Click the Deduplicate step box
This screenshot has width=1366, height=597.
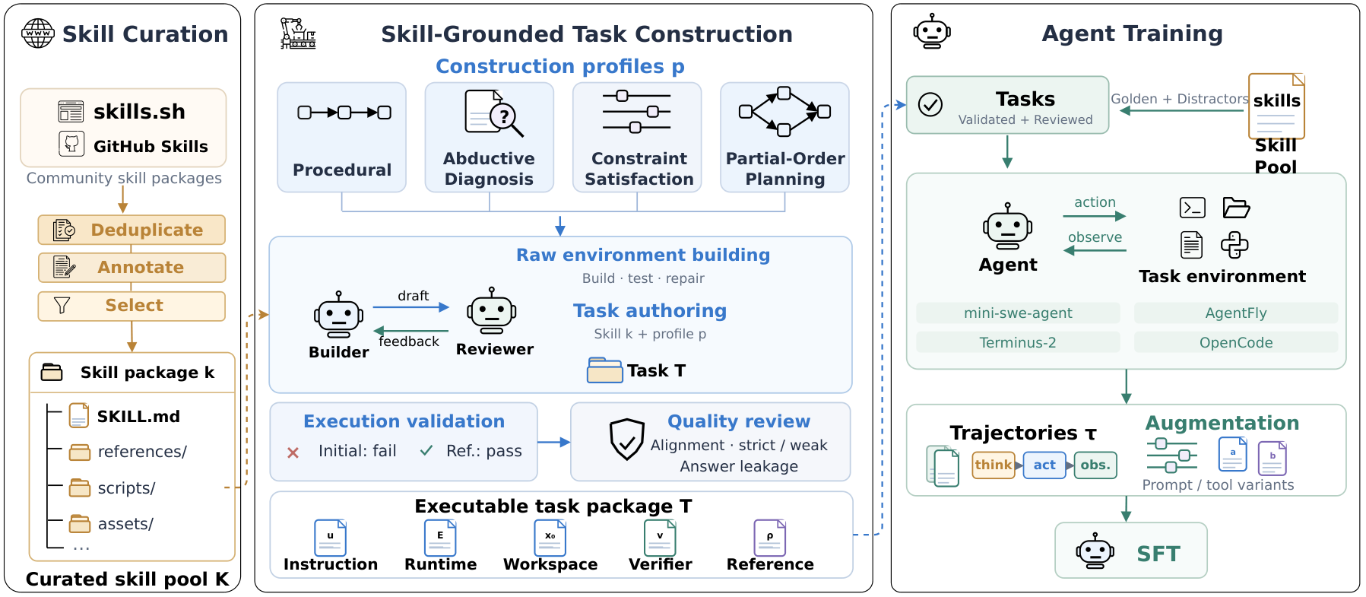132,230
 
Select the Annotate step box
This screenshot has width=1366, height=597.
132,268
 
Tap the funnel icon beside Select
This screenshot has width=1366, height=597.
62,306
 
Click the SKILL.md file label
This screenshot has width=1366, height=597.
138,417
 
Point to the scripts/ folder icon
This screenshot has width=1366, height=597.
80,487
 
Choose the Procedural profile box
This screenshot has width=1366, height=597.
342,137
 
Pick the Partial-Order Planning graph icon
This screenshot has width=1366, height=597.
784,112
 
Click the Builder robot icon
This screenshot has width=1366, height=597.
338,314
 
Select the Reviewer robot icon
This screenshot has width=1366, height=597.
492,310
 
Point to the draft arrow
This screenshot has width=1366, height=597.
411,307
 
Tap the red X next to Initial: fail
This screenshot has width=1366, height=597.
293,453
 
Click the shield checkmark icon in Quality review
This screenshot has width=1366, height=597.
627,440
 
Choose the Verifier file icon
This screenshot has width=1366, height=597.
660,538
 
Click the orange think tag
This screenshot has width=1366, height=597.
994,465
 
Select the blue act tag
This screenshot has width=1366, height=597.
1044,465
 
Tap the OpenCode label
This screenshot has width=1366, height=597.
1236,342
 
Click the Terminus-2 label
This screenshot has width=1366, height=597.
1018,342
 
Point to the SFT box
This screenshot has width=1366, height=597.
1131,551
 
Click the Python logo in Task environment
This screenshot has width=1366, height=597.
1234,245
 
